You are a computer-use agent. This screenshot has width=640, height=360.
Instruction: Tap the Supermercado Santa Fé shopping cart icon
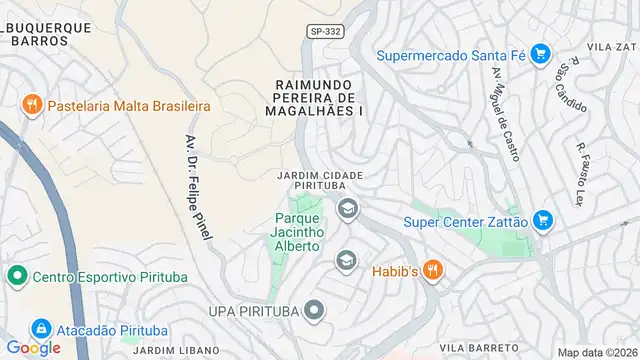point(540,53)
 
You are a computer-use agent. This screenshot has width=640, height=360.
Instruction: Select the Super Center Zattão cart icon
point(543,219)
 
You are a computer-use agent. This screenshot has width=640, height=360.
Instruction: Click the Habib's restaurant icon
point(432,269)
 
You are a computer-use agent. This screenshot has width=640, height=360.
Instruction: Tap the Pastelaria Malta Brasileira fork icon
point(32,105)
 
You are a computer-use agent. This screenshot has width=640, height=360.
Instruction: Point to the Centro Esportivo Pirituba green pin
point(16,275)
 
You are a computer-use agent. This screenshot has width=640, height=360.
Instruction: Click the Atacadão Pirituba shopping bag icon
point(41,328)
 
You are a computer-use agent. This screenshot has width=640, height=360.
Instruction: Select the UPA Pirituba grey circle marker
point(314,311)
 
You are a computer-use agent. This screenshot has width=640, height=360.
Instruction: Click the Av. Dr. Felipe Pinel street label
point(197,186)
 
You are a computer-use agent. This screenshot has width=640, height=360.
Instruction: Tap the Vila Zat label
point(613,47)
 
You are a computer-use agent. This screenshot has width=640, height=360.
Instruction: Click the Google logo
point(33,348)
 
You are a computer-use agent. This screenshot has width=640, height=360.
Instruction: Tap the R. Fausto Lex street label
point(581,174)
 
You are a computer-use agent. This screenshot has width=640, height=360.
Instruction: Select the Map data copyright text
point(596,352)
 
